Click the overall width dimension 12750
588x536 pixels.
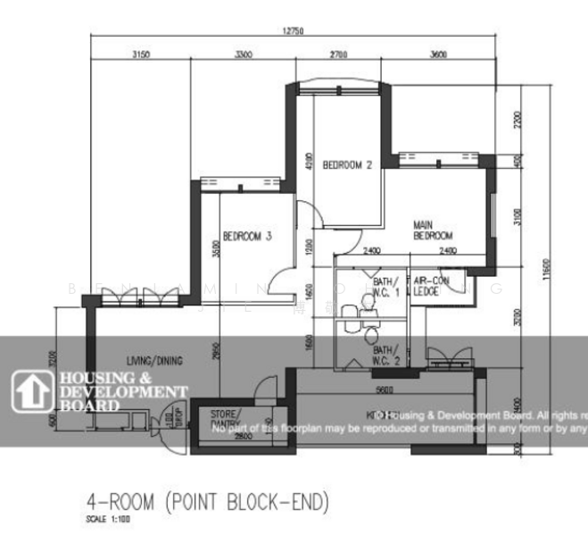pos(294,31)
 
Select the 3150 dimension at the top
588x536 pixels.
pos(140,54)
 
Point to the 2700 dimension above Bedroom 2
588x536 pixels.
pos(338,54)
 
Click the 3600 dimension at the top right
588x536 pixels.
pos(438,54)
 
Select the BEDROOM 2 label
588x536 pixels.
pos(347,164)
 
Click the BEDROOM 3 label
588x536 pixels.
pos(247,237)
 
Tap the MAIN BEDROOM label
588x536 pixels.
pos(434,230)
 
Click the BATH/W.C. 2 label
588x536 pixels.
pos(386,356)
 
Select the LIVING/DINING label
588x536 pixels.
pos(154,361)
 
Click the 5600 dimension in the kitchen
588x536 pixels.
pos(385,390)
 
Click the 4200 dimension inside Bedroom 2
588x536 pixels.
pos(309,160)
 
